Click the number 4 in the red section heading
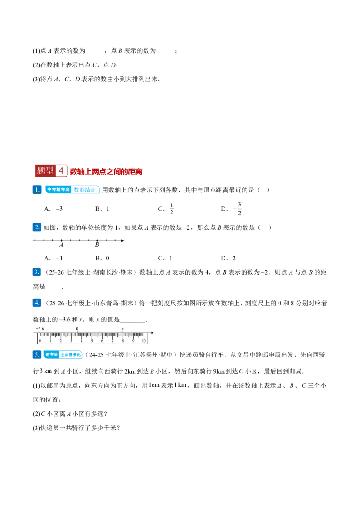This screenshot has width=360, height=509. coord(61,171)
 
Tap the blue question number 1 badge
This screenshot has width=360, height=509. coord(37,190)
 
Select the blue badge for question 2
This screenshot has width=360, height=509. coord(37,227)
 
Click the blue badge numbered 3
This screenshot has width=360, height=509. coord(37,272)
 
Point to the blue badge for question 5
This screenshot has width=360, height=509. coord(37,354)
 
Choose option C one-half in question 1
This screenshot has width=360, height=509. coord(166,209)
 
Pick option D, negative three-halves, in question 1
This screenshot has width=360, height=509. coord(231,209)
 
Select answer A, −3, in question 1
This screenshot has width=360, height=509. coord(53,209)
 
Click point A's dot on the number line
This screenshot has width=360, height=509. coord(62,241)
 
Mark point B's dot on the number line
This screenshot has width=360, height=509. coord(97,241)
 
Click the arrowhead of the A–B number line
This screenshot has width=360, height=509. coord(122,241)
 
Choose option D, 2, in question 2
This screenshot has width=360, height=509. coord(228,259)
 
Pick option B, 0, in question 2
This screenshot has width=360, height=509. coord(102,259)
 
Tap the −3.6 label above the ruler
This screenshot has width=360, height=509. coord(40,329)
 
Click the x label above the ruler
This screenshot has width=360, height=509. coord(123,329)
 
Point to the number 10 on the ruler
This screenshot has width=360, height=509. coord(144,341)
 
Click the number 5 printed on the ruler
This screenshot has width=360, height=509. coord(92,341)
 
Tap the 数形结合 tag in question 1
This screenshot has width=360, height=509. coord(85,190)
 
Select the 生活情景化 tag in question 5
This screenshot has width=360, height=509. coord(71,354)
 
